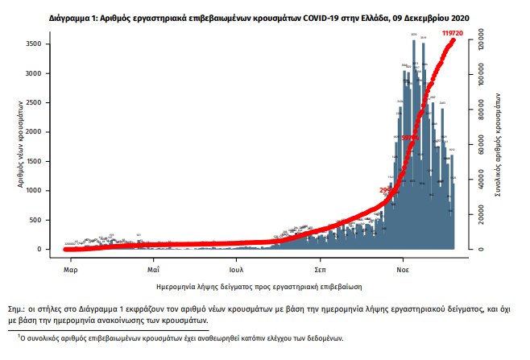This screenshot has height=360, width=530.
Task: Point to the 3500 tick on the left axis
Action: point(50,44)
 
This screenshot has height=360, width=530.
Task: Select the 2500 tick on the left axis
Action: point(50,102)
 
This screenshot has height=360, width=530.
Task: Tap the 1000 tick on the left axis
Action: point(50,191)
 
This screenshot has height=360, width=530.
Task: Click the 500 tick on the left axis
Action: point(52,220)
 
